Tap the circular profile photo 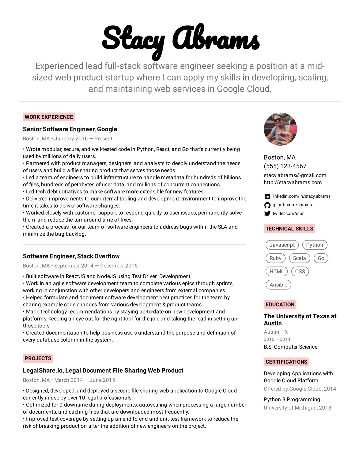click(280, 129)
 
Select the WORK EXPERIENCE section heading click(49, 117)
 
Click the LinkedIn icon click(267, 196)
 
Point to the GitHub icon click(267, 205)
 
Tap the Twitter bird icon click(267, 214)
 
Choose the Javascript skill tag click(282, 245)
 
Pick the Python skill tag click(314, 245)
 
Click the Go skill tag click(321, 258)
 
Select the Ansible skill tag click(278, 285)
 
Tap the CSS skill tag click(300, 272)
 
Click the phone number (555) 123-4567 click(285, 166)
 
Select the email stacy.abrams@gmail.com click(295, 175)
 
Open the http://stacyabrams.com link click(293, 182)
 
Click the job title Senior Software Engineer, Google click(70, 129)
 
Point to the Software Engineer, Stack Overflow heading click(71, 256)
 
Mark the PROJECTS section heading click(38, 358)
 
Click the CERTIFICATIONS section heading click(286, 362)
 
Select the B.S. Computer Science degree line click(290, 347)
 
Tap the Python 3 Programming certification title click(292, 399)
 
